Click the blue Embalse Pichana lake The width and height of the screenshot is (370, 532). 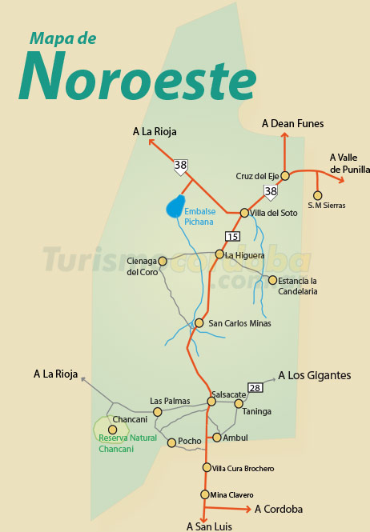pos(175,206)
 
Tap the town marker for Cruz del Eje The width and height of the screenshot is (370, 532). pos(284,176)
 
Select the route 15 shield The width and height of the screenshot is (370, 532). pos(232,236)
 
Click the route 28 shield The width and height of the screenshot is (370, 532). pos(255,387)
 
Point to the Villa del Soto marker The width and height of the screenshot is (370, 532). pos(244,213)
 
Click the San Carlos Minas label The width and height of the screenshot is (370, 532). pos(239,323)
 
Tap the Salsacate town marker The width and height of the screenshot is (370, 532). pos(211,402)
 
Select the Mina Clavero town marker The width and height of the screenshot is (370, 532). pos(205,494)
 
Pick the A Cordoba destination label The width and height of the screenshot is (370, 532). pos(279,509)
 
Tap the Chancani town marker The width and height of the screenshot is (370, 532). pos(112,430)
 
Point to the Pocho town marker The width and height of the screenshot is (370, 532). pos(171,442)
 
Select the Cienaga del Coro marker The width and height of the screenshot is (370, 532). pos(163,261)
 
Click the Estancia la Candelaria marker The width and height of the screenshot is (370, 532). pos(272,280)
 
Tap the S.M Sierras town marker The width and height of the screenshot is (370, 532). pos(318,195)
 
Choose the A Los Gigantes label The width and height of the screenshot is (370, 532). pos(314,374)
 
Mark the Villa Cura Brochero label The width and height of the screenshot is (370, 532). pos(243,468)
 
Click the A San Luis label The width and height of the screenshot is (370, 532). pos(208,526)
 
